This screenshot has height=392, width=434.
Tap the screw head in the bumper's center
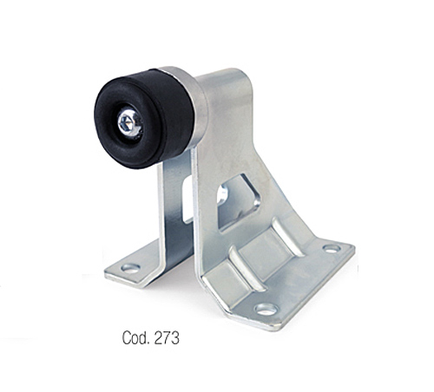point(129,121)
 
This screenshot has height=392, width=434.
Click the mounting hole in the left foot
point(131,268)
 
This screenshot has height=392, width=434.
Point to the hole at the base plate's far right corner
point(332,249)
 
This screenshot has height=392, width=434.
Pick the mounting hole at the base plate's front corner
point(266,309)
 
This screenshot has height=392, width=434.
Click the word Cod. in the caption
point(136,337)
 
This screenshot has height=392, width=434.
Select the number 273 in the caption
point(167,337)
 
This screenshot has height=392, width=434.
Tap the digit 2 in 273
point(159,337)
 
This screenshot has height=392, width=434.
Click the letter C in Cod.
point(126,337)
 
